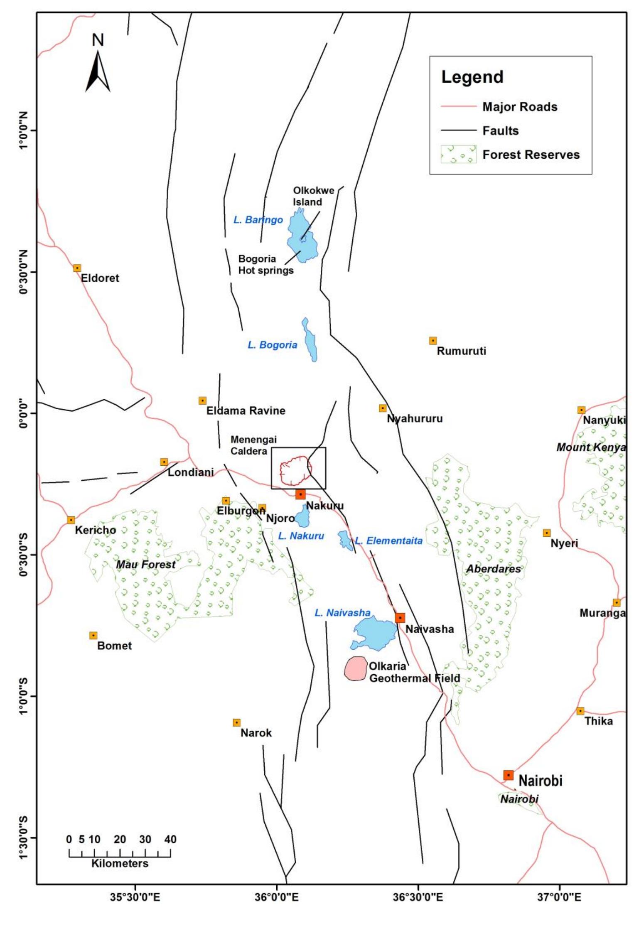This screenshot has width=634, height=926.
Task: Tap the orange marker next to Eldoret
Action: (x=77, y=268)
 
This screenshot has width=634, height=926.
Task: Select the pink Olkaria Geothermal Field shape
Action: (x=356, y=668)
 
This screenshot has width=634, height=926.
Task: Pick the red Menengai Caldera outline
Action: (x=295, y=471)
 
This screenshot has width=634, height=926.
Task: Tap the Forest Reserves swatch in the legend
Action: (x=458, y=155)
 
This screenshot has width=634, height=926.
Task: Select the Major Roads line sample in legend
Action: (x=458, y=107)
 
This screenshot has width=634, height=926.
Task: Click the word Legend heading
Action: (x=472, y=77)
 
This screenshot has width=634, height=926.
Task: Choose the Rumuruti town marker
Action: (x=433, y=341)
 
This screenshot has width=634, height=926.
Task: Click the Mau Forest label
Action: (x=145, y=565)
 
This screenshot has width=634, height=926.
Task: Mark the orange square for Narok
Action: (x=236, y=722)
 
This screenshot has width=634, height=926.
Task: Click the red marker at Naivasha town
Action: (x=400, y=618)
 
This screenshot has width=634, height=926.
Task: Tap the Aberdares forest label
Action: (x=493, y=569)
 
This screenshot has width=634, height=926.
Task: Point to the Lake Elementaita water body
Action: (x=345, y=540)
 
